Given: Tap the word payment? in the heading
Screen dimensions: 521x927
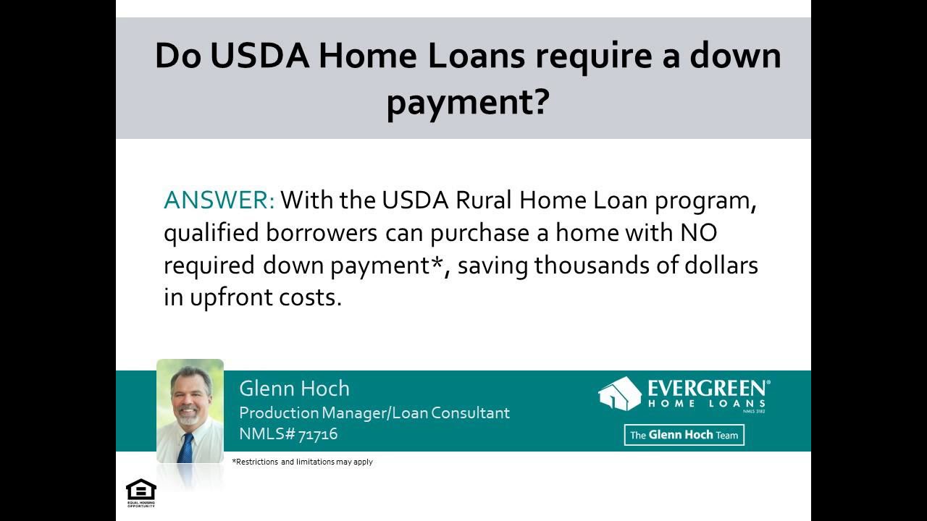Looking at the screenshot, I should [x=467, y=102].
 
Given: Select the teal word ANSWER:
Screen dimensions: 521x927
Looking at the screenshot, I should [x=219, y=200].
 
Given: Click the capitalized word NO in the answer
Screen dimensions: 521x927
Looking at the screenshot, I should [x=698, y=233].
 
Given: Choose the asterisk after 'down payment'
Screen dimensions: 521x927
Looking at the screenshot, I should [x=437, y=263].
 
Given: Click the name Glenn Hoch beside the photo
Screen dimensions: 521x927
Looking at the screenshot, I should [x=294, y=389].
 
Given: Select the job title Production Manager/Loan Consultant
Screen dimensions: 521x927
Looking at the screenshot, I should [x=374, y=412].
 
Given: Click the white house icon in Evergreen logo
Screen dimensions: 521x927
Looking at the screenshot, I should [x=620, y=394].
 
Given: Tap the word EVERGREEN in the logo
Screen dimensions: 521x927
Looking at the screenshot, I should [x=707, y=389].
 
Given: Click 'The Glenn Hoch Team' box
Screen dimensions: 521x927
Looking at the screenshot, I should [x=684, y=435].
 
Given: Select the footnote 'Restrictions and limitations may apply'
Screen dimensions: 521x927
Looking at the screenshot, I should [x=302, y=462].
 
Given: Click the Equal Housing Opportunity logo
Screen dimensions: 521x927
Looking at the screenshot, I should [x=140, y=493].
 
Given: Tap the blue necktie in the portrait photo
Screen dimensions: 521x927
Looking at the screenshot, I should [x=186, y=446].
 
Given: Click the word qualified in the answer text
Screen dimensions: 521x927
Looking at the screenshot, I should [x=208, y=233].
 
